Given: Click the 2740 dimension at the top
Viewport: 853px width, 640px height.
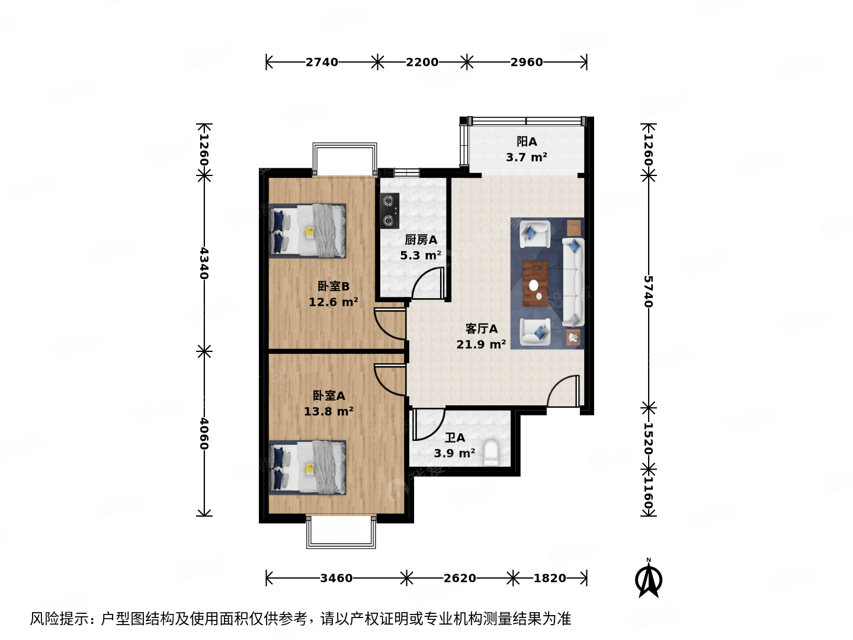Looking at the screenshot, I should [322, 62].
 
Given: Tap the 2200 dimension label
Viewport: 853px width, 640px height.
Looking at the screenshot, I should [422, 62].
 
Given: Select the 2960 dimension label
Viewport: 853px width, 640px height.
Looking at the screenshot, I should [527, 62].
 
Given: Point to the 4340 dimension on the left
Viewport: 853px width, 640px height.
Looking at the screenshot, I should [204, 263].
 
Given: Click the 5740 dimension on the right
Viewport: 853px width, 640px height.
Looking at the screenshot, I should [649, 291].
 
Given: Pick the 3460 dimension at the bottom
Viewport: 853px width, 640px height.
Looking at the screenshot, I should [336, 578].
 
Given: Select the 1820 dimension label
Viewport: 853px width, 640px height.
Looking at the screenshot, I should [550, 578].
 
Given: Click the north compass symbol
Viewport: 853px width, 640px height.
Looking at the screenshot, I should [649, 579].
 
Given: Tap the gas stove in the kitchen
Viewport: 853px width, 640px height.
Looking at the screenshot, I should [389, 210].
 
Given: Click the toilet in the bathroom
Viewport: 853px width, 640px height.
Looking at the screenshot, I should [492, 453].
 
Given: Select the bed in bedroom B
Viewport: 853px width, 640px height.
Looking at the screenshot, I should [307, 231].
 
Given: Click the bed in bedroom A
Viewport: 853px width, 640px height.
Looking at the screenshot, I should [307, 467].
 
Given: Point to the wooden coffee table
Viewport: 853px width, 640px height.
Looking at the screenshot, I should [535, 283].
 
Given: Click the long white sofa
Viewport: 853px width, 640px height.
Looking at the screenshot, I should [573, 282].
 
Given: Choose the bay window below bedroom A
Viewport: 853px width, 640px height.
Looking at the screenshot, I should [341, 532].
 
